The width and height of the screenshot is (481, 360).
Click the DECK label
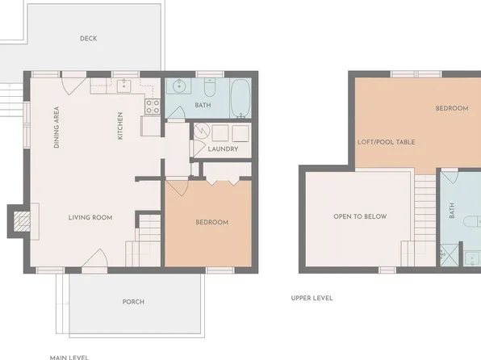point(89,39)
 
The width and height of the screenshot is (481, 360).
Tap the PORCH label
point(133,302)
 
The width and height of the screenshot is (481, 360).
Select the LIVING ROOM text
point(90,217)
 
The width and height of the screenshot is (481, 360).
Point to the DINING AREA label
point(56,130)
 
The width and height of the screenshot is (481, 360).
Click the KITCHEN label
point(120,125)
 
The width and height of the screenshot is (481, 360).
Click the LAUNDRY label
point(222,149)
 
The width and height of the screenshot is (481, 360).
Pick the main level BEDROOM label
point(211,222)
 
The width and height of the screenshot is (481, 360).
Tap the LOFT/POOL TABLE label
point(386,142)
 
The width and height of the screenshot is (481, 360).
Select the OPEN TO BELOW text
point(360,216)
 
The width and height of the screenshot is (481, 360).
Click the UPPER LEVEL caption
point(312,298)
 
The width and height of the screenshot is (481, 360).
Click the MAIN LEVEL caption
point(69,356)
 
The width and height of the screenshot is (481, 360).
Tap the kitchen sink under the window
point(126,85)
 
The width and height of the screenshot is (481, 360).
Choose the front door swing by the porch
point(96,260)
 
